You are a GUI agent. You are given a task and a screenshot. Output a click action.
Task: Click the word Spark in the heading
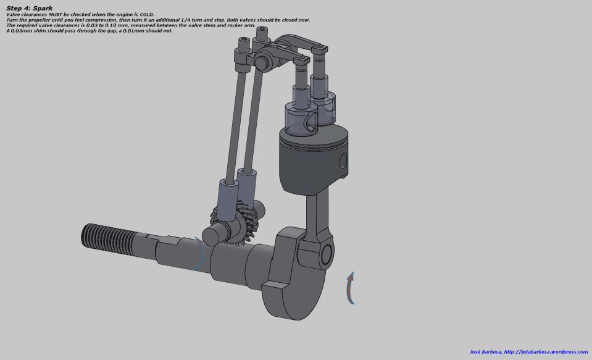pyautogui.click(x=43, y=8)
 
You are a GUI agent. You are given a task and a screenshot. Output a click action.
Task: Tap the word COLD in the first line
pyautogui.click(x=146, y=15)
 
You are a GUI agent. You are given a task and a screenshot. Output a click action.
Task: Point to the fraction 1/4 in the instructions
pyautogui.click(x=187, y=20)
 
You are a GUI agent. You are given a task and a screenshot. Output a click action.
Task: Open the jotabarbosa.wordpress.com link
pyautogui.click(x=546, y=352)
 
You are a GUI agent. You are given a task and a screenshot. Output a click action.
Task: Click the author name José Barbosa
pyautogui.click(x=486, y=352)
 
